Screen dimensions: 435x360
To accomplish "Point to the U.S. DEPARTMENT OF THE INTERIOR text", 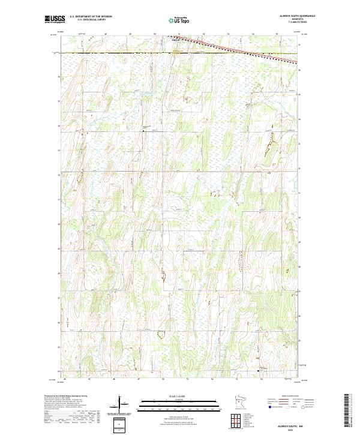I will click(91, 17).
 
